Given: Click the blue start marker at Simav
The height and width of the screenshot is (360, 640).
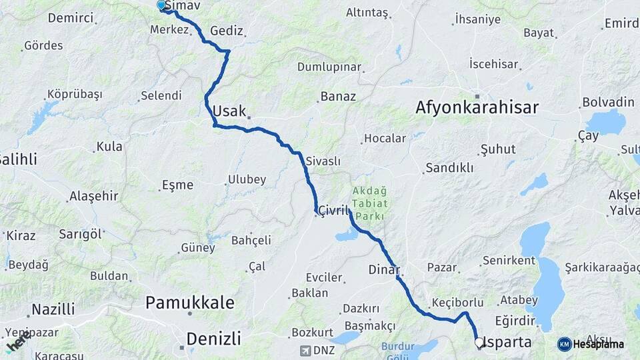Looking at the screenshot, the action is point(161,5).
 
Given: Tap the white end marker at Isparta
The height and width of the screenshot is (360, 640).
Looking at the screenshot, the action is point(479,343).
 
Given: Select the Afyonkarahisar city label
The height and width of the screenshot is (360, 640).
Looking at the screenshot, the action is point(477,107).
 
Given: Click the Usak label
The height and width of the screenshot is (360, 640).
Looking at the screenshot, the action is point(229,111).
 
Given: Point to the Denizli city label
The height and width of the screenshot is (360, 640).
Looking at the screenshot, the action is point(213,339).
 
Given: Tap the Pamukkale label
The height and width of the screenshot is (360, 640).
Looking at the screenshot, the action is point(190,303).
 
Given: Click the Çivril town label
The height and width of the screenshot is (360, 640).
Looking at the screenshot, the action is point(333,210).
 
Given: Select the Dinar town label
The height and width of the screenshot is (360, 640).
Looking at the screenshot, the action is point(383,270).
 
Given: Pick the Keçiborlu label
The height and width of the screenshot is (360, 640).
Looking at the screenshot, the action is point(457,301).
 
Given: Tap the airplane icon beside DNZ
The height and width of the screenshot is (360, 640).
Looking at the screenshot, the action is point(306,351).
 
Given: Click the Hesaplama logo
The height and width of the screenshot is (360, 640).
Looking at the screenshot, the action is point(591,344).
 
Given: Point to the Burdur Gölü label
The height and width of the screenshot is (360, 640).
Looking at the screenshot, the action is point(401,351).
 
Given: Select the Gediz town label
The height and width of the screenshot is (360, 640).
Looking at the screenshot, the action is point(227,31).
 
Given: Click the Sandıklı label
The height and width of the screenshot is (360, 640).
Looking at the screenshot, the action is point(449,167).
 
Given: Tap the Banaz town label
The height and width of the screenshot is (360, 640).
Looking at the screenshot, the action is point(338,97).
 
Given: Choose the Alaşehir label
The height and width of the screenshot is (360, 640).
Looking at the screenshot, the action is point(93,196).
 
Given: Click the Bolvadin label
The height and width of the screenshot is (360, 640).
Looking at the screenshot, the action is point(608,102).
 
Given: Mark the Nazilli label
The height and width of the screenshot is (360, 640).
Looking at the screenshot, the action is point(53,309).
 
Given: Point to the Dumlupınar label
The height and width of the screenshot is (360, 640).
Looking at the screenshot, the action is point(329,67).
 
